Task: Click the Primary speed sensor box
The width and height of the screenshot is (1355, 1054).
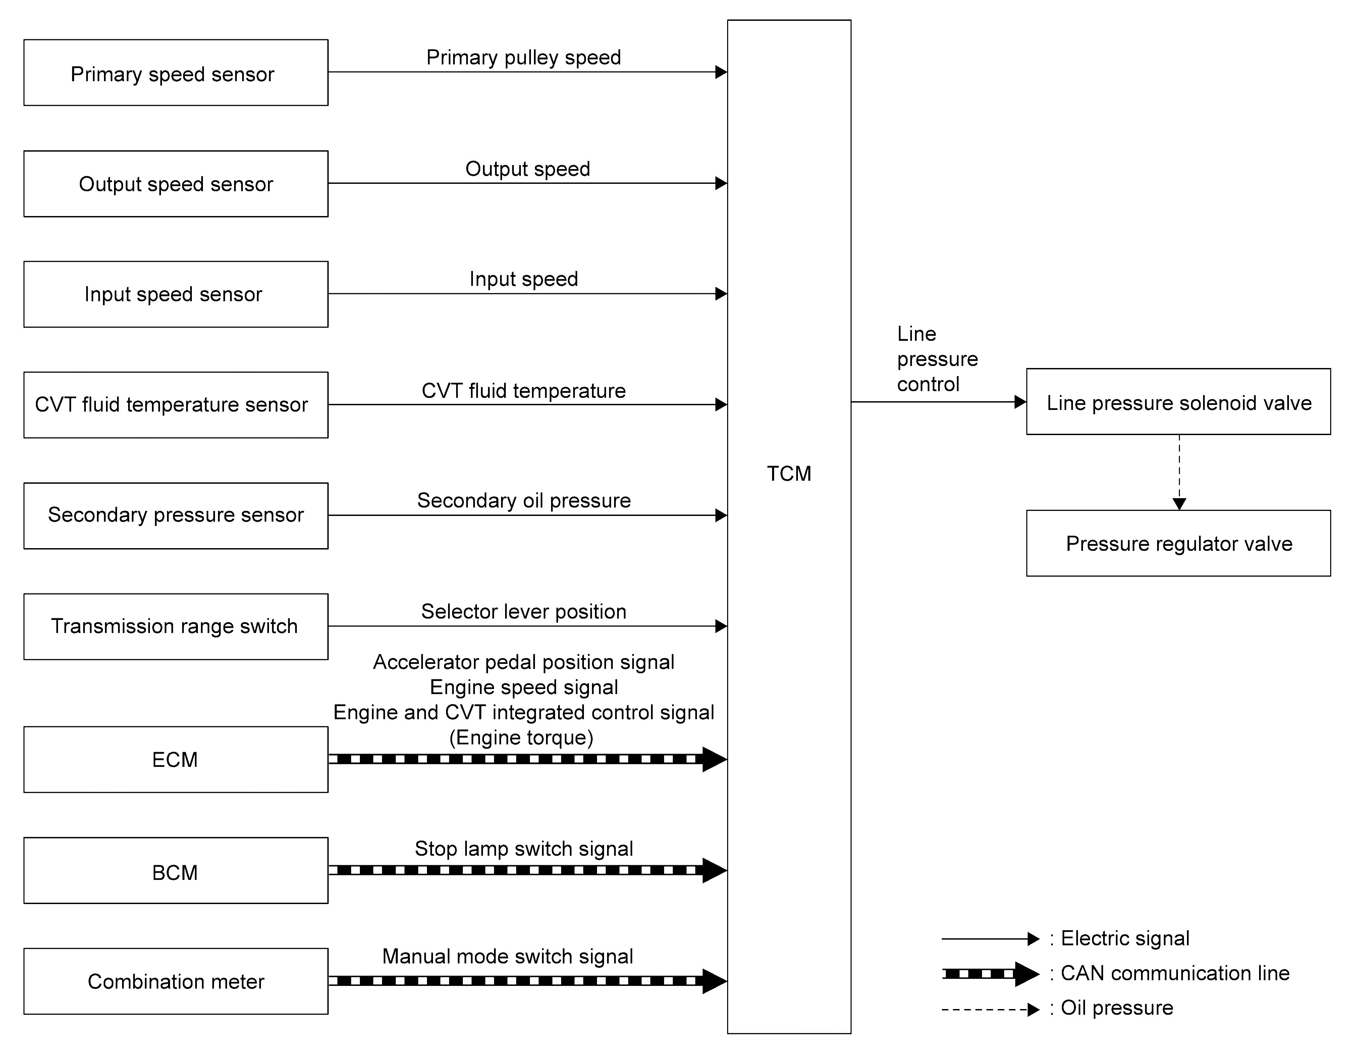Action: point(175,72)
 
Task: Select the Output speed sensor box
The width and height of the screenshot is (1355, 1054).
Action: point(175,183)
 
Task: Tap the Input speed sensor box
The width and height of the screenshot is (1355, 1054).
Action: point(175,294)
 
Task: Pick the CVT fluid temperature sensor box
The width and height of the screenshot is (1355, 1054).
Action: point(175,405)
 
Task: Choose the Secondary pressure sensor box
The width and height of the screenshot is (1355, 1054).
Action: point(175,516)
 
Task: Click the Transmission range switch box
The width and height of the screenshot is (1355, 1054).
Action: point(175,627)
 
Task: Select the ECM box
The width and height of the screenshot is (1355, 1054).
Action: point(175,759)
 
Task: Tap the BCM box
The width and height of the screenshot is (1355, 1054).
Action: point(175,871)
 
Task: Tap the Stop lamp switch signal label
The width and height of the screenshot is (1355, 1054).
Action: point(524,849)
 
